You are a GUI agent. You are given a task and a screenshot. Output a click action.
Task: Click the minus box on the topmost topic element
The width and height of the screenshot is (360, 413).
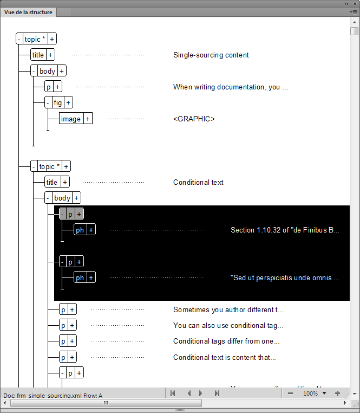coord(19,39)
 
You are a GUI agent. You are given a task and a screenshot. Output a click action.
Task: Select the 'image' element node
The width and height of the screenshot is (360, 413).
coord(71,119)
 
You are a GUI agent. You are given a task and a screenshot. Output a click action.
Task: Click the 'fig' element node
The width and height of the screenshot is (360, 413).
coord(57,102)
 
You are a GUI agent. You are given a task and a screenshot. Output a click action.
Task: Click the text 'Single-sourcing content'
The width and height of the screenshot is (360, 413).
coord(211,55)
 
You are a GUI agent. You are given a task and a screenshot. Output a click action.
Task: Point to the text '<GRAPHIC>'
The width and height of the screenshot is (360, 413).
coord(194,119)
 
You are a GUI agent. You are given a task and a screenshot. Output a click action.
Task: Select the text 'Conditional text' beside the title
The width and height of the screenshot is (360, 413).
coord(198,182)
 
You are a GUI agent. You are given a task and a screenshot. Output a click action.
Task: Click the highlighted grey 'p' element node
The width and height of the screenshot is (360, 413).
coord(70,214)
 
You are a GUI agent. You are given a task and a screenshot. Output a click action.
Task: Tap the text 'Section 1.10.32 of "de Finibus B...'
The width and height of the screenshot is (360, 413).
coord(285,230)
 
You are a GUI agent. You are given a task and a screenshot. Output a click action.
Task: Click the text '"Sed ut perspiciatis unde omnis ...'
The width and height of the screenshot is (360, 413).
coord(285,278)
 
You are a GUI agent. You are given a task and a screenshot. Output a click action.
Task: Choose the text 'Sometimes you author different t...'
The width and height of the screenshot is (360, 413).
coord(228,310)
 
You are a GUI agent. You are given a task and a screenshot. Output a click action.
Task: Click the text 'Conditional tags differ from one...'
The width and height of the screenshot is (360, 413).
coord(226,341)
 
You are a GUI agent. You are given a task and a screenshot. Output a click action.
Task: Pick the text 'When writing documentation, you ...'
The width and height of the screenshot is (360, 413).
coord(231,87)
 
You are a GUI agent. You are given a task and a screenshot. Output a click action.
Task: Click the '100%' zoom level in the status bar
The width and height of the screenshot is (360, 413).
coord(310,393)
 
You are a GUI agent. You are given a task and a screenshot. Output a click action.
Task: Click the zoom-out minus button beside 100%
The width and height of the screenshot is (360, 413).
coord(291,393)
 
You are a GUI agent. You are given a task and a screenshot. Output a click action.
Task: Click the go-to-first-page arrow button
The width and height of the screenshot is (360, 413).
coord(173,393)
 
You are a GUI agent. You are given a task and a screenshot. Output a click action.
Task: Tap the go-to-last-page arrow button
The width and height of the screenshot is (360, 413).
coord(217,393)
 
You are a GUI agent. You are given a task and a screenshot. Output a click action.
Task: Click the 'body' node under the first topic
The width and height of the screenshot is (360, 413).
coord(48,71)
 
